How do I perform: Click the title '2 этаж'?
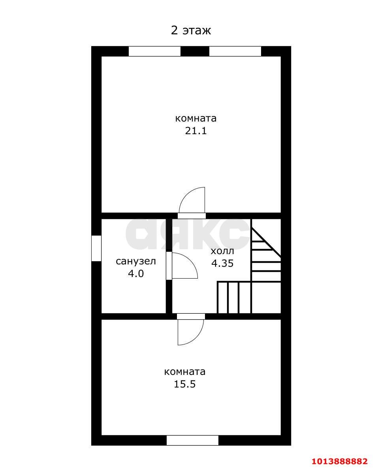pyautogui.click(x=191, y=30)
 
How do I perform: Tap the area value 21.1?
pyautogui.click(x=196, y=131)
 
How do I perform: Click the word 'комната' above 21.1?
pyautogui.click(x=196, y=118)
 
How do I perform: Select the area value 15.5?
pyautogui.click(x=185, y=384)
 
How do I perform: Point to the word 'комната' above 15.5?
pyautogui.click(x=185, y=372)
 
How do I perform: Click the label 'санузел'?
pyautogui.click(x=135, y=261)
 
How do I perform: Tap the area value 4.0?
pyautogui.click(x=135, y=273)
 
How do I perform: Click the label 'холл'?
pyautogui.click(x=222, y=251)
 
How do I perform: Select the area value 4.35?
pyautogui.click(x=222, y=263)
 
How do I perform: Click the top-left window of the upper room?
pyautogui.click(x=154, y=51)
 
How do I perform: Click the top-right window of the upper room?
pyautogui.click(x=235, y=51)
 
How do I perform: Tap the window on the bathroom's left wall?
pyautogui.click(x=96, y=248)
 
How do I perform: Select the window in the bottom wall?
pyautogui.click(x=192, y=440)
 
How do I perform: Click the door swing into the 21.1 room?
pyautogui.click(x=192, y=201)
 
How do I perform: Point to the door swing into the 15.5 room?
pyautogui.click(x=191, y=331)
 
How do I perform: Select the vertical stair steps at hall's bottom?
pyautogui.click(x=234, y=297)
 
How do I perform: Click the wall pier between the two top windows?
pyautogui.click(x=195, y=51)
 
